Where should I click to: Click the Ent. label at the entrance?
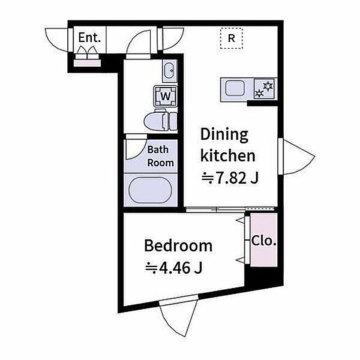pos(89,38)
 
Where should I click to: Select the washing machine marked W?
pos(166,96)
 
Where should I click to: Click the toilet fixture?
pos(160,121)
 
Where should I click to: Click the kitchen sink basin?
pos(235,88)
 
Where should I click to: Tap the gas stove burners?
pos(264,89)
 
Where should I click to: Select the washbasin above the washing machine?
pos(170,70)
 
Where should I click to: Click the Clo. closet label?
pos(263,241)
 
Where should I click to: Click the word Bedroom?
pos(178,246)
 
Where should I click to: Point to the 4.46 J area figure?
pos(173,268)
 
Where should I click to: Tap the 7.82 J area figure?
pos(230,178)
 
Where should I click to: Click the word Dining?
pos(224,135)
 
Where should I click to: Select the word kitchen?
pos(228,155)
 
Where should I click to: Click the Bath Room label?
pos(160,156)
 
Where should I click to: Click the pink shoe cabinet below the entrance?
pos(87,63)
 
